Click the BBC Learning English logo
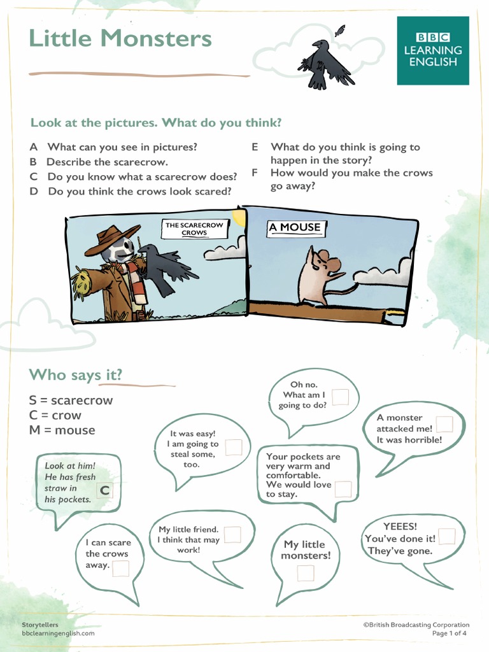point(433,50)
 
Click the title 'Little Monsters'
point(120,38)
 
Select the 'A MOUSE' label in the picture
point(294,227)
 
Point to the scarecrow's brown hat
point(111,237)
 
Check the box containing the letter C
point(104,490)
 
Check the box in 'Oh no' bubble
point(340,397)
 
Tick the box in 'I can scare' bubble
point(120,569)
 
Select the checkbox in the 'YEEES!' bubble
point(446,536)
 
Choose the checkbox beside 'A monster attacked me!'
point(444,425)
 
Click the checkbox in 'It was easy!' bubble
point(233,447)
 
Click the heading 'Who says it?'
point(76,375)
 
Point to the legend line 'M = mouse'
point(62,430)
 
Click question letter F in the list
point(255,173)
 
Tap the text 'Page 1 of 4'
point(450,634)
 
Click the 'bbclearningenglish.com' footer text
point(58,634)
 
